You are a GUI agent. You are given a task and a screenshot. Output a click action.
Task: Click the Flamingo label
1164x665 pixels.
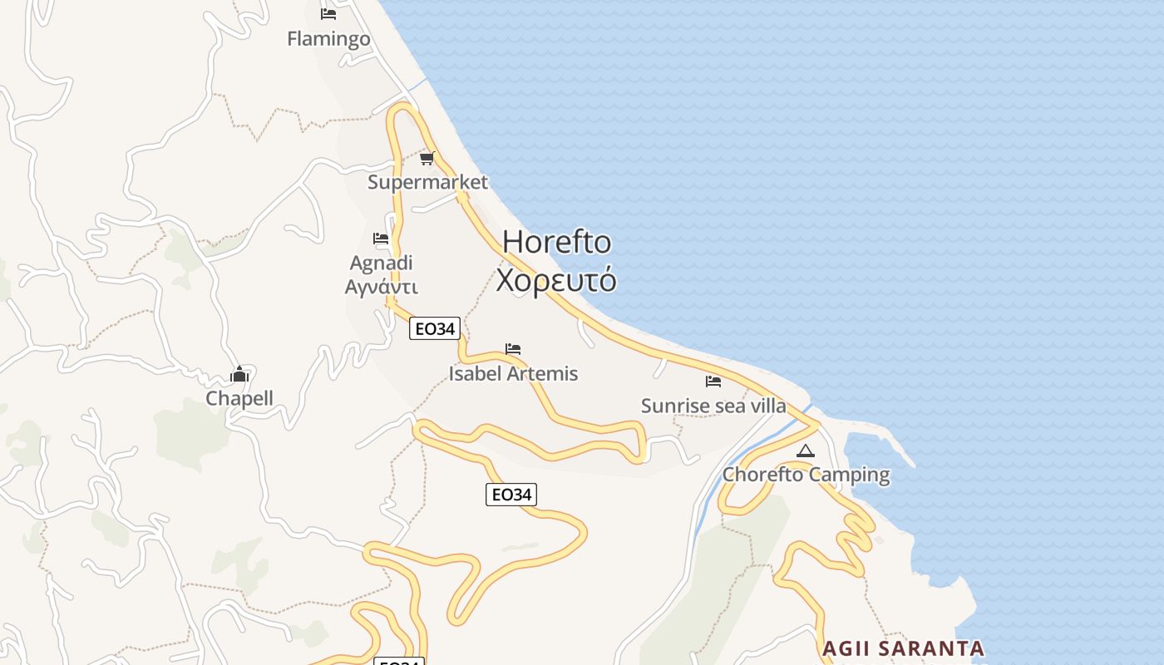tap(328, 39)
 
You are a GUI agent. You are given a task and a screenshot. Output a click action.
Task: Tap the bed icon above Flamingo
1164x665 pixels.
tap(328, 13)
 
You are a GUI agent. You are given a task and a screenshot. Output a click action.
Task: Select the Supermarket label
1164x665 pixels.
tap(428, 182)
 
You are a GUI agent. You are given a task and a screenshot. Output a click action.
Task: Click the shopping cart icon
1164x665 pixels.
tap(427, 158)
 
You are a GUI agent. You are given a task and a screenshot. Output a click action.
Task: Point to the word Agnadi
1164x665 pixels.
tap(382, 264)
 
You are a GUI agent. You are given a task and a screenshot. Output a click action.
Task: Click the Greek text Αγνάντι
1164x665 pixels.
tap(382, 287)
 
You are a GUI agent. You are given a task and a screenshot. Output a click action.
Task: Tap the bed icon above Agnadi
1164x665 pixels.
tap(381, 239)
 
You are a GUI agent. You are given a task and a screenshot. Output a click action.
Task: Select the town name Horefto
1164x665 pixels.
tap(557, 243)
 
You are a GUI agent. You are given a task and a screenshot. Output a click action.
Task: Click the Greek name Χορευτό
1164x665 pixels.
tap(556, 280)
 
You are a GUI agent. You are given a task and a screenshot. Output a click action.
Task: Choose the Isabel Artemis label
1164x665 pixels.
tap(513, 374)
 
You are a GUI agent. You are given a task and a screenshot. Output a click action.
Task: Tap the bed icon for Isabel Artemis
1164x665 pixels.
tap(513, 349)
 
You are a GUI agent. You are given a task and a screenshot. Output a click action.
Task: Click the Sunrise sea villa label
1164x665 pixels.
tap(713, 406)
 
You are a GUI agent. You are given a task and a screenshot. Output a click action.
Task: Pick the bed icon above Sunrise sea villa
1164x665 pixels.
tap(713, 382)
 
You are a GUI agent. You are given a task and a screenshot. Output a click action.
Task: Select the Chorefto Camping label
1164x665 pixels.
tap(806, 475)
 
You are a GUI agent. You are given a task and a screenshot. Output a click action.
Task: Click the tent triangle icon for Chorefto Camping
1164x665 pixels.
tap(805, 451)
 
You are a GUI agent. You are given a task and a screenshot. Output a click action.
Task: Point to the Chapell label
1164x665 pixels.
tap(239, 398)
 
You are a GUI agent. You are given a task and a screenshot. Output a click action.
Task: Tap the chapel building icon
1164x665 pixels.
tap(239, 374)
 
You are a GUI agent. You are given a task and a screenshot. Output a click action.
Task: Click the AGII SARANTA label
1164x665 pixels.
tap(903, 648)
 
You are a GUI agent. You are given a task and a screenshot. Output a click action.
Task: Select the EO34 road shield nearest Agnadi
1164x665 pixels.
tap(435, 329)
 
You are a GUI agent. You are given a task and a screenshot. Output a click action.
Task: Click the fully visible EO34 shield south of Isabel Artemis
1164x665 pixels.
tap(511, 495)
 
